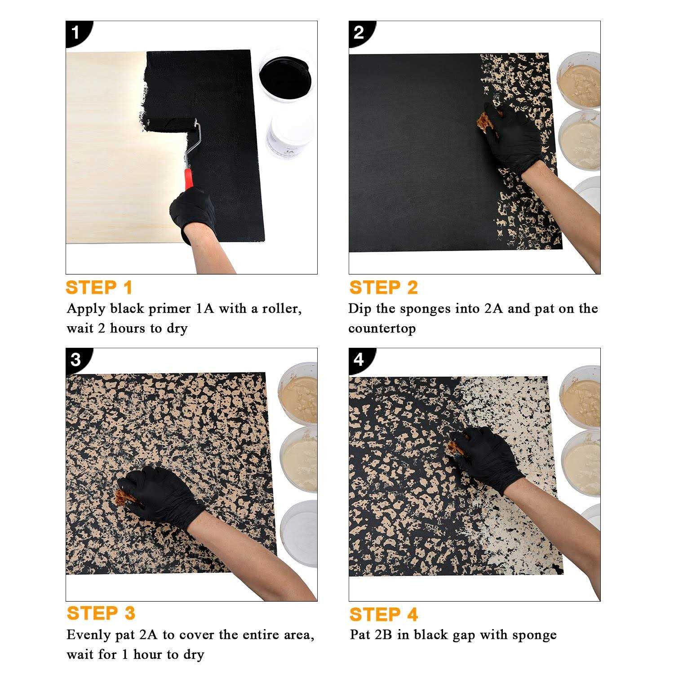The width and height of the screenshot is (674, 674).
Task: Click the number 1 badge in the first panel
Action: point(75,32)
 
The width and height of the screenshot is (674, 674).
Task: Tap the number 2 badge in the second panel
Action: point(359,32)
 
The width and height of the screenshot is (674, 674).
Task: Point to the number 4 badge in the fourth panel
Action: point(359,359)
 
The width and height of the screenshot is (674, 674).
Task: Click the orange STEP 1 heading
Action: point(99,288)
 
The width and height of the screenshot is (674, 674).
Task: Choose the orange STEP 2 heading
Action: point(383,288)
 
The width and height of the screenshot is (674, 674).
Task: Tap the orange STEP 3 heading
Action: point(101,613)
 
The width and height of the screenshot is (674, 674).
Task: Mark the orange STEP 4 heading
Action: point(383,614)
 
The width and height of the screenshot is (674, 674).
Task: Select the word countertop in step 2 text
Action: point(382,328)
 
